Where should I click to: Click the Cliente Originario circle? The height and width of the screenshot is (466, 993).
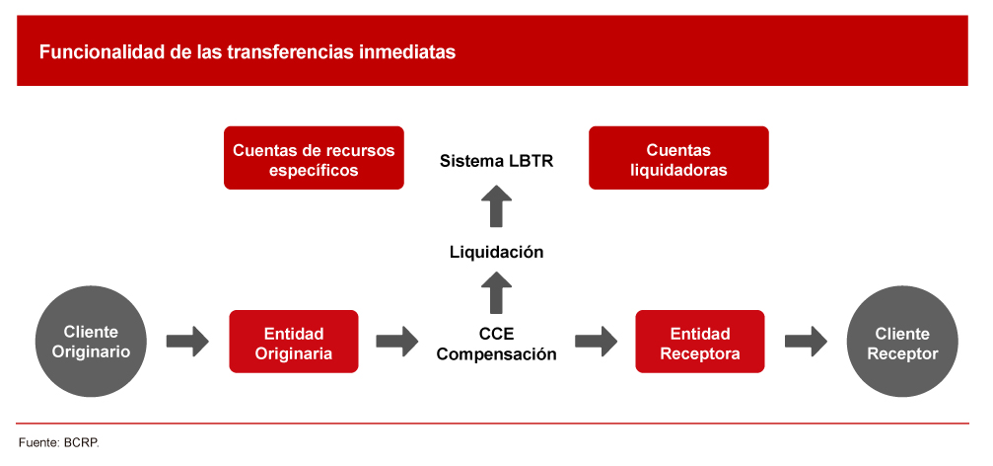pyautogui.click(x=91, y=342)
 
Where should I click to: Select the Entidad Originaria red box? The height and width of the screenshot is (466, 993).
pyautogui.click(x=293, y=342)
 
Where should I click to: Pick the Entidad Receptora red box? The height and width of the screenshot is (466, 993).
pyautogui.click(x=699, y=342)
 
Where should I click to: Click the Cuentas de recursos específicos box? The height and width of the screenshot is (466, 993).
pyautogui.click(x=314, y=158)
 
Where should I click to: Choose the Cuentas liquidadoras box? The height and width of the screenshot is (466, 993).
pyautogui.click(x=678, y=158)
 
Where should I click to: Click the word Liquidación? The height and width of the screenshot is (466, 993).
pyautogui.click(x=497, y=252)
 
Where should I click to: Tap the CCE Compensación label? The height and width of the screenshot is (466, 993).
pyautogui.click(x=497, y=343)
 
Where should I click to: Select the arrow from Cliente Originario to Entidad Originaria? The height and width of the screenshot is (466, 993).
pyautogui.click(x=187, y=342)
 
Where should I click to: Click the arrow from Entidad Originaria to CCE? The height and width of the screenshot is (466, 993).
pyautogui.click(x=396, y=342)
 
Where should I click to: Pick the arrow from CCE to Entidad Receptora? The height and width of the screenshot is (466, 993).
pyautogui.click(x=596, y=342)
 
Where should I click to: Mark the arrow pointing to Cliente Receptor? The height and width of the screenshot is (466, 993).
pyautogui.click(x=806, y=342)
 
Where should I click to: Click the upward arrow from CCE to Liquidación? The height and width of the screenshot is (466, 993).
pyautogui.click(x=497, y=294)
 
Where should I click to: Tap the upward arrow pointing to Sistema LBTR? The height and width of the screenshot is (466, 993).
pyautogui.click(x=497, y=207)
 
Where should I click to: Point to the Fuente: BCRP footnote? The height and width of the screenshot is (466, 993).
pyautogui.click(x=59, y=442)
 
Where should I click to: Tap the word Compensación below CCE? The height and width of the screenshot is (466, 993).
pyautogui.click(x=497, y=354)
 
